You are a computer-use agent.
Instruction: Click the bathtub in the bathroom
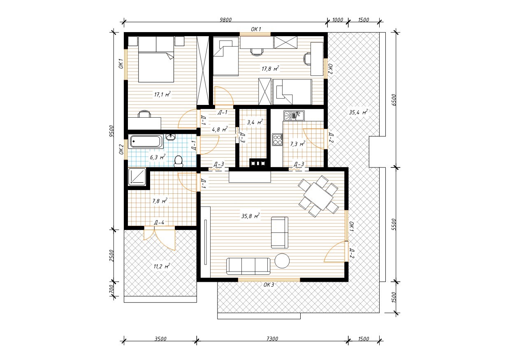point(146,142)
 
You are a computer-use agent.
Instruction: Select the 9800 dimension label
point(225,20)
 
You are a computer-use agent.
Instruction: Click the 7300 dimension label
point(272,339)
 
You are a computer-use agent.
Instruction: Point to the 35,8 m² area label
point(250,216)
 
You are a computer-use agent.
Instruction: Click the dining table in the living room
point(318,196)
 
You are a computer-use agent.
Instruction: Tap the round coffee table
point(282,260)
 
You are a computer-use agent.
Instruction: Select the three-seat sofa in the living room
point(248,266)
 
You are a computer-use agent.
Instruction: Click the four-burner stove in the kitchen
point(277,139)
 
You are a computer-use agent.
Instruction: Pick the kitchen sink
point(294,116)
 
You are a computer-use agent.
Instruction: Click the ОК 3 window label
point(269,285)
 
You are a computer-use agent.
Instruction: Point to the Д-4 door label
point(159,223)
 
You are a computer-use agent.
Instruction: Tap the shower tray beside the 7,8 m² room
point(137,177)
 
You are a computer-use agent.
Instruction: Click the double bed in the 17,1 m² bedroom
point(156,59)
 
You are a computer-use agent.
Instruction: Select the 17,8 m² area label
point(270,68)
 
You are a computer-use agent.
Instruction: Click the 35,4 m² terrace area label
point(359,112)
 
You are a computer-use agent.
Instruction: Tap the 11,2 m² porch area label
point(162,266)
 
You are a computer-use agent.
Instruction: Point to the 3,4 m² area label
point(255,122)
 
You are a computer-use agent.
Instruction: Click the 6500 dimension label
point(394,100)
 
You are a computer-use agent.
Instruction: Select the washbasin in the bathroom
point(171,137)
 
